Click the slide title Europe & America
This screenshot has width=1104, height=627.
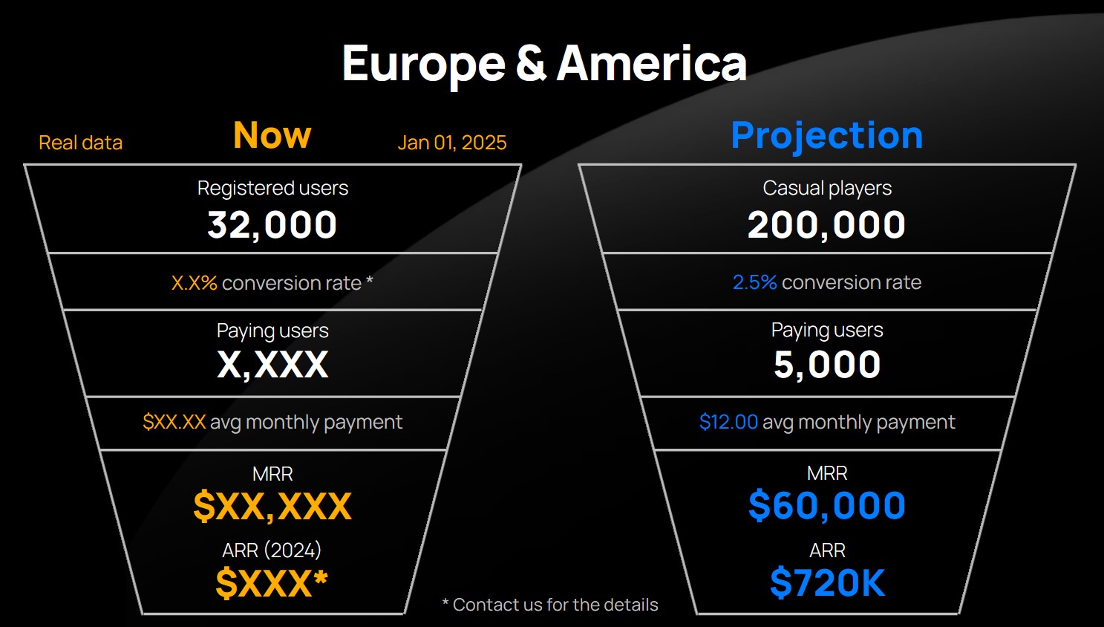[544, 64]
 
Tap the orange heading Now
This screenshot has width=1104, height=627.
[272, 134]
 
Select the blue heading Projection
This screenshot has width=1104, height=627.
[827, 136]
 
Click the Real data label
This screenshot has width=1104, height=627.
[80, 143]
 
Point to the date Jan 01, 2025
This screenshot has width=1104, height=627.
[452, 143]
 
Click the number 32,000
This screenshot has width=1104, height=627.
[272, 225]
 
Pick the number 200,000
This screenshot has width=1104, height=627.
[826, 225]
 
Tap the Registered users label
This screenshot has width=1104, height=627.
[272, 189]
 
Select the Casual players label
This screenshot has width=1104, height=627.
[827, 189]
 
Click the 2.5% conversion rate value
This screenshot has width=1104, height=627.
[754, 282]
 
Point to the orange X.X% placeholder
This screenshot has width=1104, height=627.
[195, 282]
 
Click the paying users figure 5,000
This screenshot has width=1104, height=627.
[827, 365]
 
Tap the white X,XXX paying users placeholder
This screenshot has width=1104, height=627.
[272, 365]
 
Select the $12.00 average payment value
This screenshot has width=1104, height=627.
[728, 422]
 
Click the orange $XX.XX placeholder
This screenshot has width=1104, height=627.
[174, 422]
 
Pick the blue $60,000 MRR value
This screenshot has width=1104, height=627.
[827, 506]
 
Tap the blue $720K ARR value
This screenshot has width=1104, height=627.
[827, 582]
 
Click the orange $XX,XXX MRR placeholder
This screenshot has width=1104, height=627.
[272, 506]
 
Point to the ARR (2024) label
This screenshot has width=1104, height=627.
[272, 550]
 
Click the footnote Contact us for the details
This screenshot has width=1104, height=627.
[550, 605]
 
